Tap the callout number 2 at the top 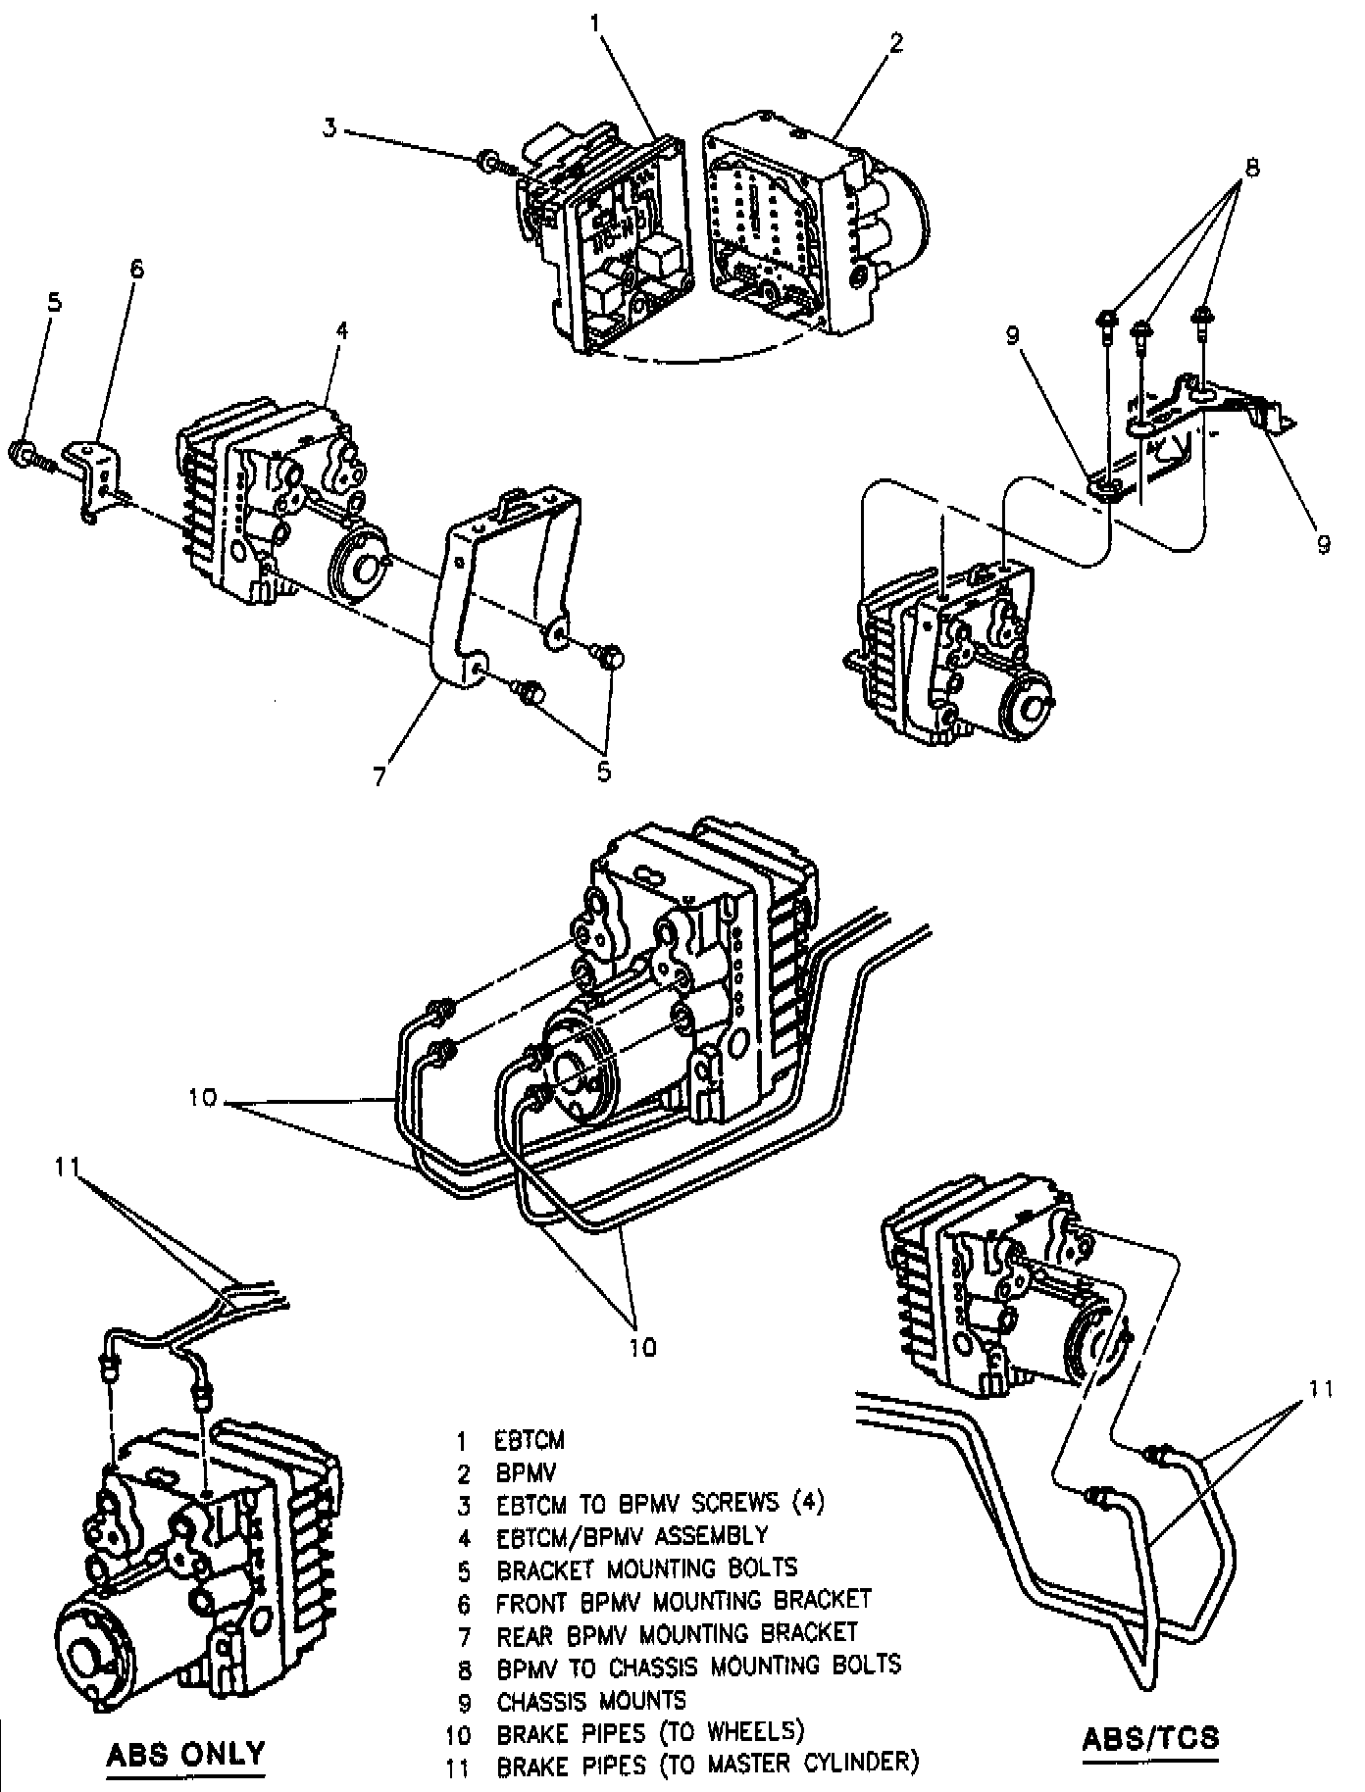[895, 43]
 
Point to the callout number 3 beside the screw [331, 127]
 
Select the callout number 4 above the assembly [341, 330]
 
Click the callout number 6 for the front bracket [136, 269]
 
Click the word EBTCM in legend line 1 [530, 1441]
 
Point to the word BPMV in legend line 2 [525, 1472]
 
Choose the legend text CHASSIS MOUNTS [591, 1701]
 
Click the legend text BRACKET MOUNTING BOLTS [647, 1569]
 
